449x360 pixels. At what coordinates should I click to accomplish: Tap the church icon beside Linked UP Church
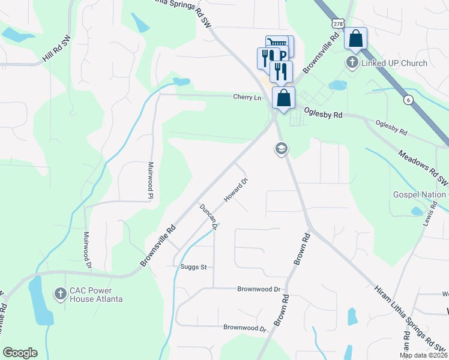coord(352,62)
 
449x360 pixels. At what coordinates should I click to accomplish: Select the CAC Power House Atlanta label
coord(96,294)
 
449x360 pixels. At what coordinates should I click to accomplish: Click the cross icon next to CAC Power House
coord(60,293)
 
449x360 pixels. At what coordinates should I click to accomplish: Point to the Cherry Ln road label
coord(247,97)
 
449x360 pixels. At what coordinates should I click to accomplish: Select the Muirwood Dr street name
coord(87,250)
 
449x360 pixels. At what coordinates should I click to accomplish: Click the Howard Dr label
coord(236,190)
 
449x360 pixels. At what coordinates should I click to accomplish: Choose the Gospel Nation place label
coord(420,194)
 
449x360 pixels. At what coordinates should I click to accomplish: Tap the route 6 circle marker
coord(408,100)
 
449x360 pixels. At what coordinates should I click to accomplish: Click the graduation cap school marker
coord(281,148)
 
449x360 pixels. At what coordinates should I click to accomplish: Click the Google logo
coord(20,353)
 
